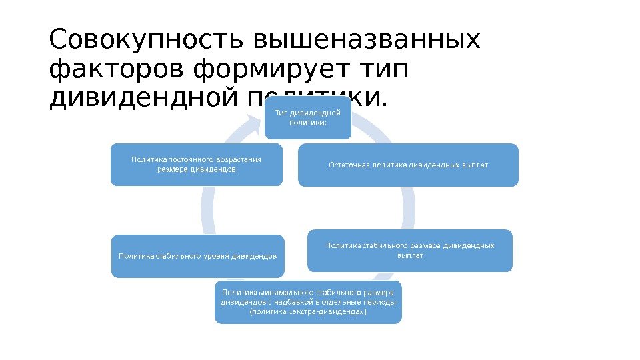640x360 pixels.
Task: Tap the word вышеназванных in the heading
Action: tap(367, 41)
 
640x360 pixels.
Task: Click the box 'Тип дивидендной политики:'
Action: tap(308, 118)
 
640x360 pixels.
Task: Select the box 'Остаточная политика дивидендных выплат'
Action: tap(408, 164)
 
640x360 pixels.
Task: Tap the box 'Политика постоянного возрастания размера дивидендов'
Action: tap(197, 164)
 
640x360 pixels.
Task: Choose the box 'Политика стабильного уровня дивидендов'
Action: tap(197, 255)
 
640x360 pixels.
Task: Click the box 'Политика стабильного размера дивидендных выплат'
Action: tap(409, 251)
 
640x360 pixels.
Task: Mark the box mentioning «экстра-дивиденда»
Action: tap(308, 301)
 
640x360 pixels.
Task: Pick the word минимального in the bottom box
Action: tap(281, 292)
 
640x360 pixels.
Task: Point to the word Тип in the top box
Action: tap(281, 113)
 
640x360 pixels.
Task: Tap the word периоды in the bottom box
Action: tap(380, 301)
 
